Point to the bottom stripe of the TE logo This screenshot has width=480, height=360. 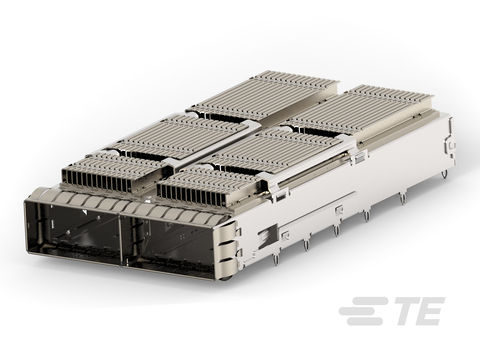click(x=365, y=322)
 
